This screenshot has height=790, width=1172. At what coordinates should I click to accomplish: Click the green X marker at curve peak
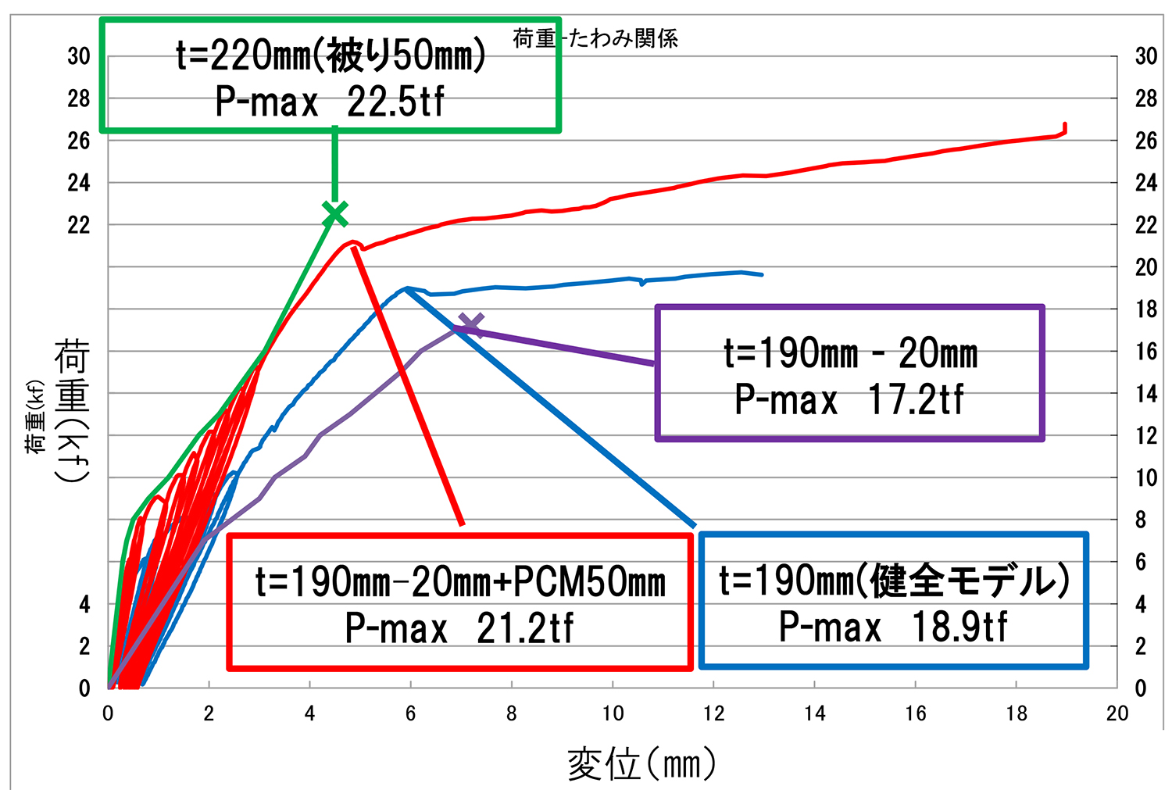[x=334, y=213]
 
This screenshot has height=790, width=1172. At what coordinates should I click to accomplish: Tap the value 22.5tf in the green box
[x=395, y=102]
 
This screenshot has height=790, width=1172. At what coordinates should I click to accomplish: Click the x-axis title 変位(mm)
[x=641, y=763]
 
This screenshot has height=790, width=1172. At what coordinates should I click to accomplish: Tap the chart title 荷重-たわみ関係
[x=595, y=38]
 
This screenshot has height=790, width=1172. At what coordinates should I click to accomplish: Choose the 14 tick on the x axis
[x=814, y=713]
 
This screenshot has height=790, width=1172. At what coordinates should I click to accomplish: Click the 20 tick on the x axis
[x=1117, y=713]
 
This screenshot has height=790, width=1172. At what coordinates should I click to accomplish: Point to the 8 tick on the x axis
[x=512, y=713]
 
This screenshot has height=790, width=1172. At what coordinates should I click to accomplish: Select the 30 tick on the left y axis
[x=79, y=56]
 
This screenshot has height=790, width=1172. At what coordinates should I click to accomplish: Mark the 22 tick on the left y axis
[x=79, y=225]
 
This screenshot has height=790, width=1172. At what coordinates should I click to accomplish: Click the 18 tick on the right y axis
[x=1146, y=309]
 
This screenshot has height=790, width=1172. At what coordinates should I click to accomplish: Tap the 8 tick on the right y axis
[x=1141, y=520]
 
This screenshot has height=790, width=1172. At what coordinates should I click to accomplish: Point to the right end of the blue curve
[x=762, y=274]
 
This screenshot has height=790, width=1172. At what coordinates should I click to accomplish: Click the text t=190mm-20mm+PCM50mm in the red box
[x=460, y=582]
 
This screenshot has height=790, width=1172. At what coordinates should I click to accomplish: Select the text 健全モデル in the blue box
[x=967, y=581]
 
